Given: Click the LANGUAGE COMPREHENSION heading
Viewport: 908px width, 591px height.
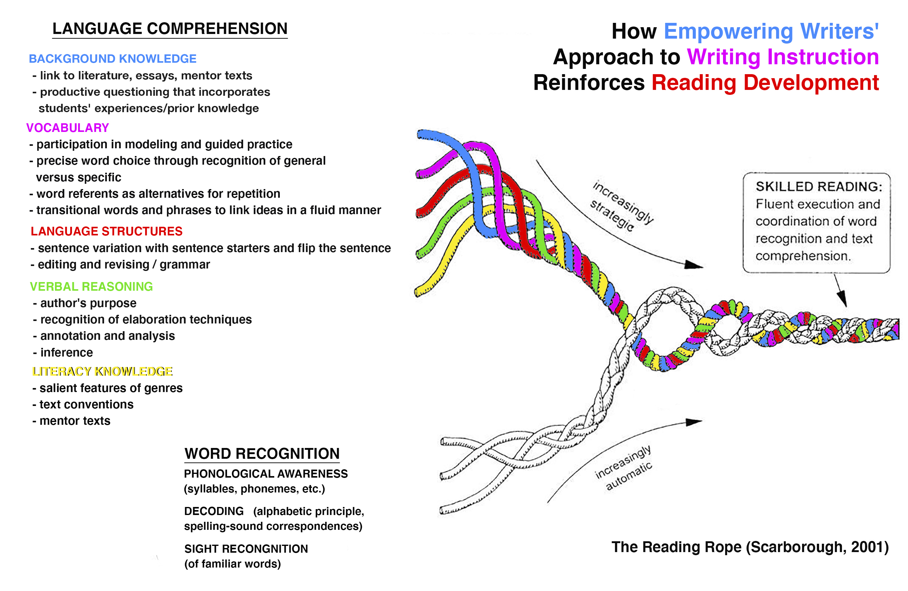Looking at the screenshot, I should click(170, 29).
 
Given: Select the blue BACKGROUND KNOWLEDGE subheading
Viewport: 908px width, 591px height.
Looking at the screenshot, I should click(112, 59).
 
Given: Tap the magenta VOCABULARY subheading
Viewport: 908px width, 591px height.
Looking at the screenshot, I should click(68, 128).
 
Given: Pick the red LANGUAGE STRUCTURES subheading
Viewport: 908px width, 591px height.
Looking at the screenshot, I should click(107, 231).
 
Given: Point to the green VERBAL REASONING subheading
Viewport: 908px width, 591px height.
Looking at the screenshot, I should click(91, 286).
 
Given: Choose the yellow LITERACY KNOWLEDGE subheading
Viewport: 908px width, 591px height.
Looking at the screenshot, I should click(102, 371).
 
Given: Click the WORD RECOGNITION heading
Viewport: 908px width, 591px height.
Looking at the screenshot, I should click(262, 454).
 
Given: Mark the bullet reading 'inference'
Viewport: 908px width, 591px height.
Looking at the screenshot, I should click(66, 352).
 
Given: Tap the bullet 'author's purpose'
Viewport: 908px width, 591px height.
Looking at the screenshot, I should click(88, 303).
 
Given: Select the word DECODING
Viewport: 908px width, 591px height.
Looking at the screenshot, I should click(214, 511).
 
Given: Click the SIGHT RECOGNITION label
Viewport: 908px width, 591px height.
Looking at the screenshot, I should click(246, 549).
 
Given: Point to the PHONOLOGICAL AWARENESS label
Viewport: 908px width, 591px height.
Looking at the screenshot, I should click(266, 474).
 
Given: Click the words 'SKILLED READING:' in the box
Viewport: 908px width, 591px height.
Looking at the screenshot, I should click(819, 187).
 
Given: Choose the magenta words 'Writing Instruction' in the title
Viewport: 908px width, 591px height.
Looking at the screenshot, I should click(783, 57).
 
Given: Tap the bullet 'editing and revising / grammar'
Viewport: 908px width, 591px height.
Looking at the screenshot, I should click(124, 265).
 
